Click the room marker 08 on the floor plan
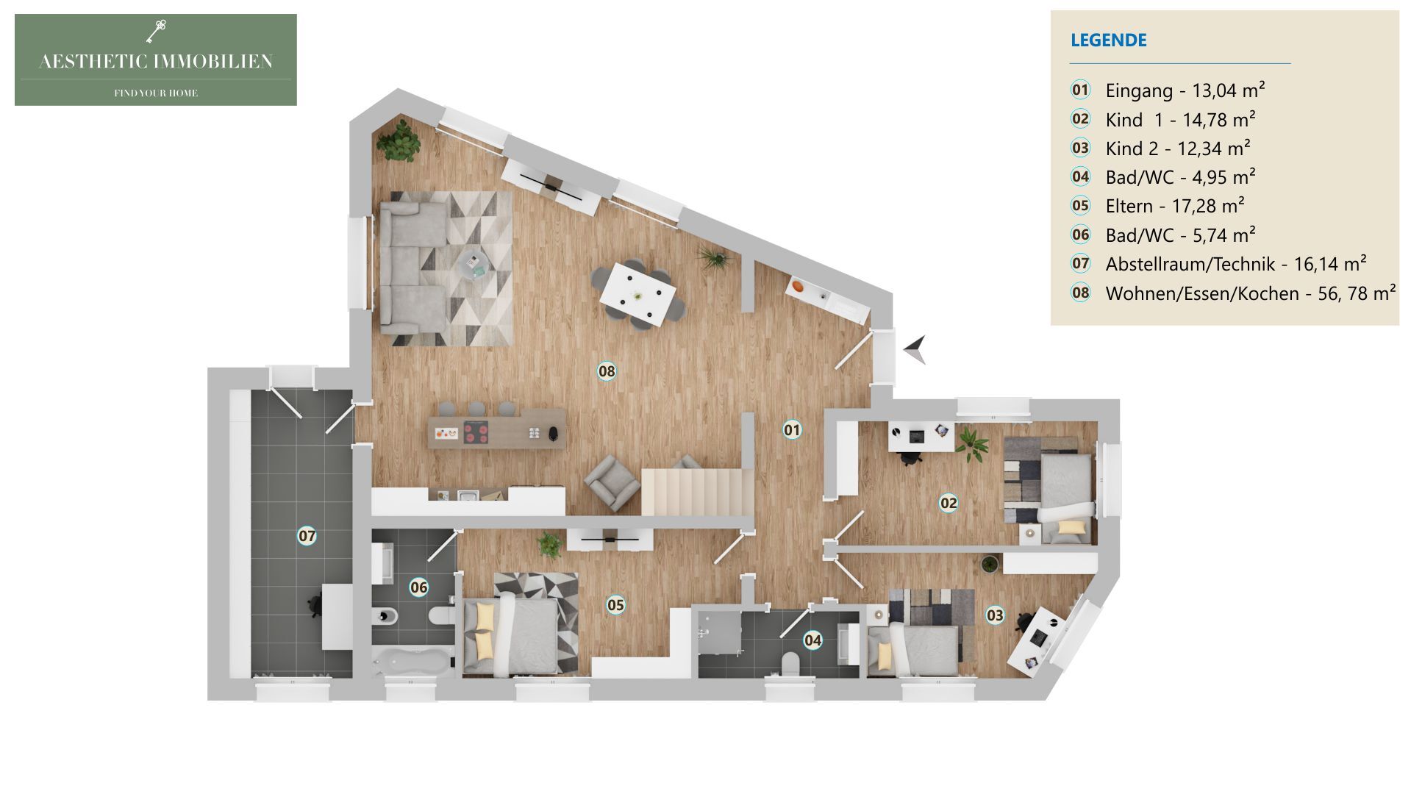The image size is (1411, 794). point(607,371)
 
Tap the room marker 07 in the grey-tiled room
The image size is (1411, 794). point(307,535)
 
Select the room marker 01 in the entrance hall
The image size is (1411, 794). point(792,429)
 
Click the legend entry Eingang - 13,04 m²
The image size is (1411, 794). point(1184,90)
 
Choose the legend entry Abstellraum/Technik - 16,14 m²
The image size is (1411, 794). point(1235,264)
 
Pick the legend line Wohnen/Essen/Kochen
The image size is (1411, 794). point(1250,293)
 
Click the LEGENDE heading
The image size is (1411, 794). point(1108,40)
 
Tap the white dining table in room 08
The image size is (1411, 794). point(637,296)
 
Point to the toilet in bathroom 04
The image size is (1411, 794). point(791,664)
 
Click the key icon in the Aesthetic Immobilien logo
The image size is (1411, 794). point(156,31)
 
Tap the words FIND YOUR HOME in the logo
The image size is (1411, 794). point(156,93)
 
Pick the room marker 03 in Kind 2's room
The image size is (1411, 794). point(995,615)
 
